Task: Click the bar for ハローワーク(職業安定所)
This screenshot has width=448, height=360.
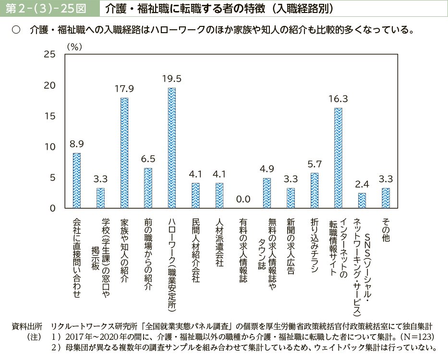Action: point(171,148)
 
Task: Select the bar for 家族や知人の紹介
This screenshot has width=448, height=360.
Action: point(124,153)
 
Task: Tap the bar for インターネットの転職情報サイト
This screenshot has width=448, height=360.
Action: point(338,157)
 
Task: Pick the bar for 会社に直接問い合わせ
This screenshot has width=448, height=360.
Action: point(76,180)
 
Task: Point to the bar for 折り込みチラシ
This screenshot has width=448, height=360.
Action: point(315,190)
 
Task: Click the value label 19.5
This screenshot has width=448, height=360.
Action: point(171,78)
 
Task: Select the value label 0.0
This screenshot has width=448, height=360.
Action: point(243,199)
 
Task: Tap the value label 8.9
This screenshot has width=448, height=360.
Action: point(76,143)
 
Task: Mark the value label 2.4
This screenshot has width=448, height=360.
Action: point(362,183)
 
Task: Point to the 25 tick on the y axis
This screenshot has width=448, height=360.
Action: point(49,54)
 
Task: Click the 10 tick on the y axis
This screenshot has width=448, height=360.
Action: point(49,147)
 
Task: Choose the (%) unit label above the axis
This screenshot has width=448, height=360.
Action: point(75,47)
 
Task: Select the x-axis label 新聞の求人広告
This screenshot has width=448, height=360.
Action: point(291,247)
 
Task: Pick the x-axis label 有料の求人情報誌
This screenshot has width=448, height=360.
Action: point(243,250)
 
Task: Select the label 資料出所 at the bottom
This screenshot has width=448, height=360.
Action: point(26,325)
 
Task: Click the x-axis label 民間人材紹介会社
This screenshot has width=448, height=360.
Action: point(195,250)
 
